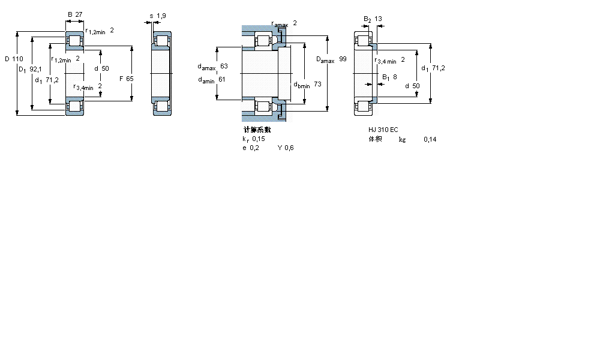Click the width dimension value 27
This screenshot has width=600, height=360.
(x=79, y=14)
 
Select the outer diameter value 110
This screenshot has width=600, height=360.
(x=17, y=59)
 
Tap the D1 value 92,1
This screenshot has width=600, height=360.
(x=36, y=69)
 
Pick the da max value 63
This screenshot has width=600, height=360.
(x=224, y=66)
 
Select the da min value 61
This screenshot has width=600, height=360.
(x=221, y=79)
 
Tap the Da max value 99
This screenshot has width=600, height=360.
(x=343, y=59)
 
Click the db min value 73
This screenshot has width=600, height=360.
(x=317, y=85)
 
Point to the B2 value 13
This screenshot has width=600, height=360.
(x=379, y=19)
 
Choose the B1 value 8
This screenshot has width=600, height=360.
(x=395, y=77)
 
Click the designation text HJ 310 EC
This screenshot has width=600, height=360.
(x=383, y=130)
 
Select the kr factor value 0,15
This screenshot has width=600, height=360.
(x=259, y=139)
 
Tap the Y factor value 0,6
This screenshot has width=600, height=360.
(x=289, y=148)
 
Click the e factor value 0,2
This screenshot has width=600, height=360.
(x=255, y=148)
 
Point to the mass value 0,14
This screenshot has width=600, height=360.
(x=430, y=139)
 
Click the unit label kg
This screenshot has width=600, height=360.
(x=402, y=139)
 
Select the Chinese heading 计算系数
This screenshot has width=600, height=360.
(x=257, y=130)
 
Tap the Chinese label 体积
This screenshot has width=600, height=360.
(x=375, y=139)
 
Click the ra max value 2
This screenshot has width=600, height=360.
(x=295, y=23)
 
